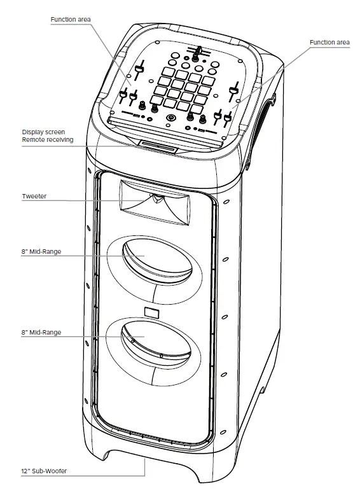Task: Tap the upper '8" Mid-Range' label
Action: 41,252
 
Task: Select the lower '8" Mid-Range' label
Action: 41,332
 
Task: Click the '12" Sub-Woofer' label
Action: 44,471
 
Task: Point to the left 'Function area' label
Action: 71,20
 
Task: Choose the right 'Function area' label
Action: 329,42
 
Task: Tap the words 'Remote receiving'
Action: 47,139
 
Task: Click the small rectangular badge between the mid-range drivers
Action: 152,311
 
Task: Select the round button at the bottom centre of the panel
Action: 170,118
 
